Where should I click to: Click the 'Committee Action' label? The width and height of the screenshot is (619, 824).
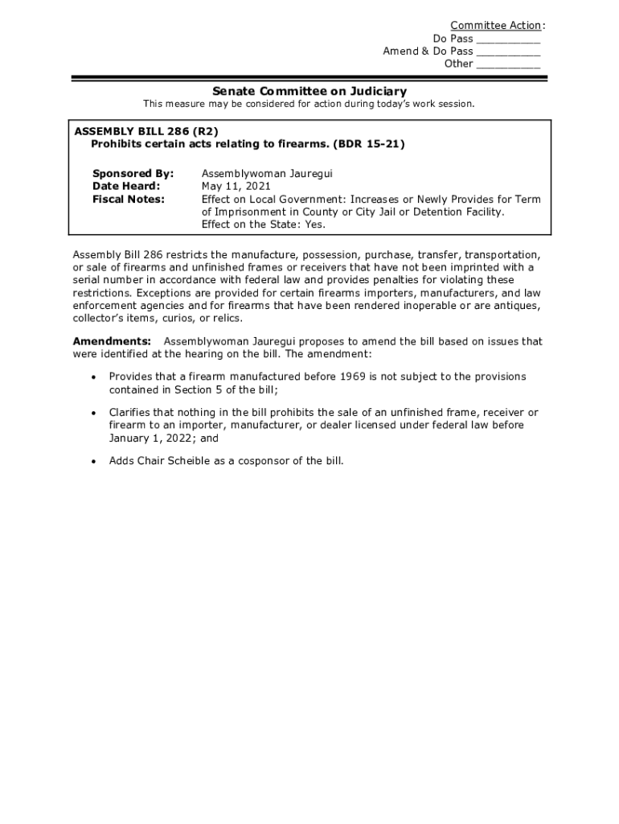[495, 26]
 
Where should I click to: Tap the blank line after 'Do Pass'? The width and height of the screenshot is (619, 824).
[508, 39]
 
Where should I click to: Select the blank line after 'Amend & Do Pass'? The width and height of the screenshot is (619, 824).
[508, 52]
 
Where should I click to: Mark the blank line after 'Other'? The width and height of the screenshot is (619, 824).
[508, 65]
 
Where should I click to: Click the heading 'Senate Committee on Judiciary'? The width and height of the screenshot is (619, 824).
[309, 92]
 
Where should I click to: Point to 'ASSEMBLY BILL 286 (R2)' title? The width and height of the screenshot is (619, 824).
[146, 131]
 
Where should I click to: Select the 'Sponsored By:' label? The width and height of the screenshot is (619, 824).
[133, 174]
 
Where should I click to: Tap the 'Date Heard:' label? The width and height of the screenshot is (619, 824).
[126, 187]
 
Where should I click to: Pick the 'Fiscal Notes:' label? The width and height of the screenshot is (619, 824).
[129, 200]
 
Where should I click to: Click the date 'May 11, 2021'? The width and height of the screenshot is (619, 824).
[236, 187]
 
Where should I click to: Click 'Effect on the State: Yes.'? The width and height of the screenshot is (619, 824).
[264, 225]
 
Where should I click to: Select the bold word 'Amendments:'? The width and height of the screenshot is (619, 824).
[112, 341]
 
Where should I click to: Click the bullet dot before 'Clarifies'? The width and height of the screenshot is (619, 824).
[94, 413]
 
